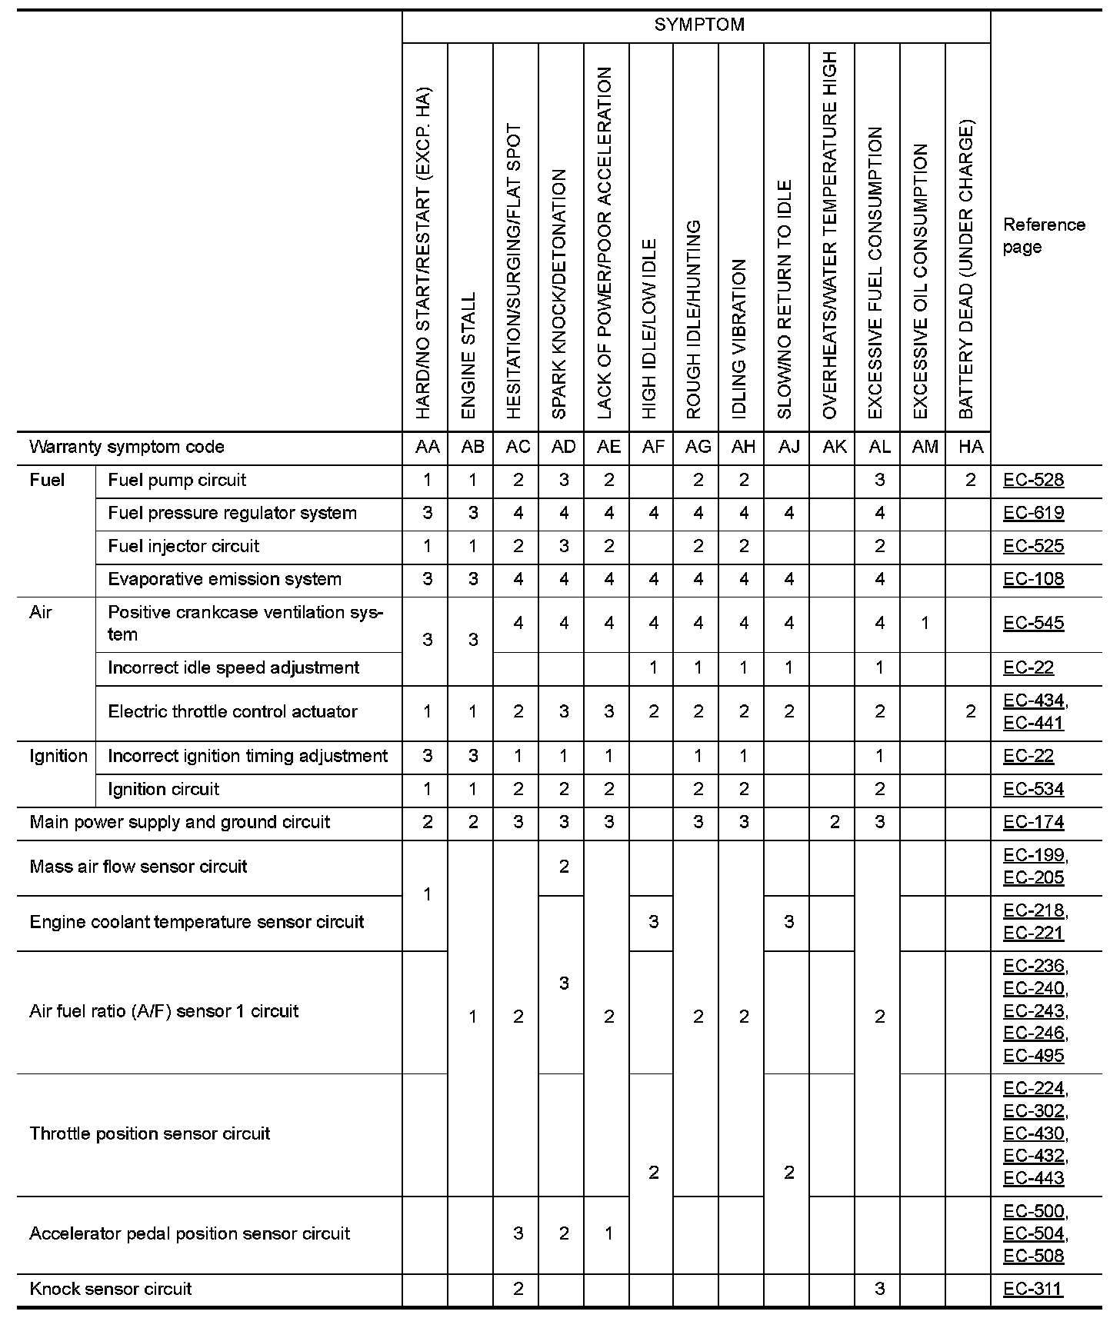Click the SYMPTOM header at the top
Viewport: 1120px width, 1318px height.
point(698,25)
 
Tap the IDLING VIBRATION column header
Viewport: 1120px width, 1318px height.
point(740,338)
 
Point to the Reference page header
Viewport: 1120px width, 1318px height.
point(1044,235)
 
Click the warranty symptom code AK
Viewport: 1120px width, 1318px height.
point(834,447)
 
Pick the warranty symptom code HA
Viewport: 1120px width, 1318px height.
point(970,447)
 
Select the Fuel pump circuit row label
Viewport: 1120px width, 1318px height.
point(177,481)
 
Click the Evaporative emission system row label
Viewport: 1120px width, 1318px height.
point(225,579)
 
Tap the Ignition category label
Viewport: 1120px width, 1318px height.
point(58,756)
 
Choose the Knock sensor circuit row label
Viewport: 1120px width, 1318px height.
point(111,1289)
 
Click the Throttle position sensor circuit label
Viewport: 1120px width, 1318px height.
point(150,1133)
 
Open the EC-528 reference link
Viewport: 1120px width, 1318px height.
point(1033,481)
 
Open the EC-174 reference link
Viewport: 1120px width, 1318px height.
point(1033,822)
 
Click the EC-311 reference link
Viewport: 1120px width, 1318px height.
point(1033,1289)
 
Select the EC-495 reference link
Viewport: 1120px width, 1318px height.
point(1033,1055)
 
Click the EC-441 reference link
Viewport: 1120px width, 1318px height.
point(1033,723)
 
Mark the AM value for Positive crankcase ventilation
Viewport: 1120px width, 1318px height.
point(925,623)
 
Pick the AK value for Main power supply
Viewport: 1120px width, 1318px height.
point(834,822)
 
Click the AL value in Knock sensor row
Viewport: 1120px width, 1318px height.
point(879,1289)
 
